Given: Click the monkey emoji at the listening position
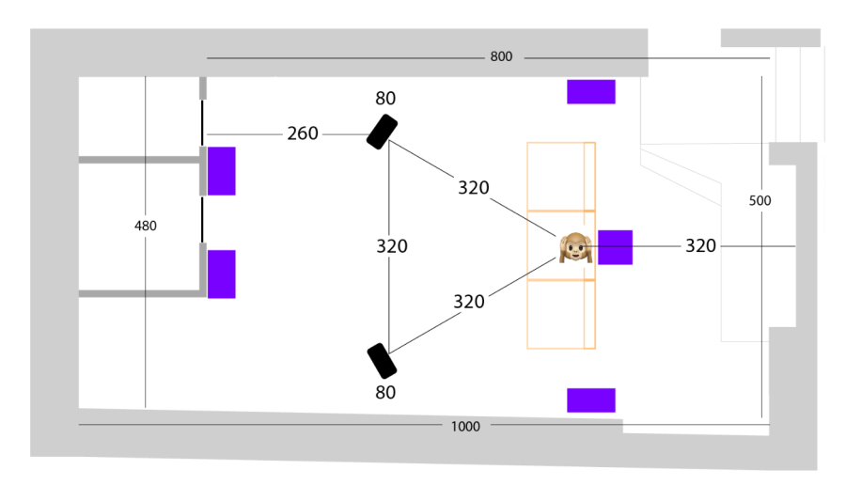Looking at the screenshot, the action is tap(575, 247).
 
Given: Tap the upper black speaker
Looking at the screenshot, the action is tap(382, 132).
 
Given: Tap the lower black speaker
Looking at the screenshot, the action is tap(382, 361).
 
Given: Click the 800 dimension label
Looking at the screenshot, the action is tap(501, 56).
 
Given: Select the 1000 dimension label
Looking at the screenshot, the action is tap(465, 427).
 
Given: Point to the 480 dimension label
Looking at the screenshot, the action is tap(145, 226).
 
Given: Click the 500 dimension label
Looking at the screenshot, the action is tap(760, 200).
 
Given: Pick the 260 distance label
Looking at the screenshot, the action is tap(302, 133).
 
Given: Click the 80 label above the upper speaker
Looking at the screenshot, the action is tap(385, 98).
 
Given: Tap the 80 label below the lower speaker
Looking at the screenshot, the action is tap(385, 392).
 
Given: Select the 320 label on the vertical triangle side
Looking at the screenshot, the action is tap(392, 246).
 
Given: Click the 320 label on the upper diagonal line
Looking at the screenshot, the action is tap(473, 188).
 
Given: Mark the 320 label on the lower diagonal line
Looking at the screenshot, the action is tap(468, 302).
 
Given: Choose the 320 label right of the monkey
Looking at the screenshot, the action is tap(700, 246).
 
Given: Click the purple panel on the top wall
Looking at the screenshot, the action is tap(591, 92).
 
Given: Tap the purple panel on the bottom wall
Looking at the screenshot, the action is tap(591, 400).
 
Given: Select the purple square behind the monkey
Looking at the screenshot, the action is tap(615, 247).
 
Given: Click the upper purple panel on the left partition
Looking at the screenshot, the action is tap(221, 171).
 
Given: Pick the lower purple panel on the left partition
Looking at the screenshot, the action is tap(221, 274).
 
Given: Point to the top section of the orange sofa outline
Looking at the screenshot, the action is tap(561, 177).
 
